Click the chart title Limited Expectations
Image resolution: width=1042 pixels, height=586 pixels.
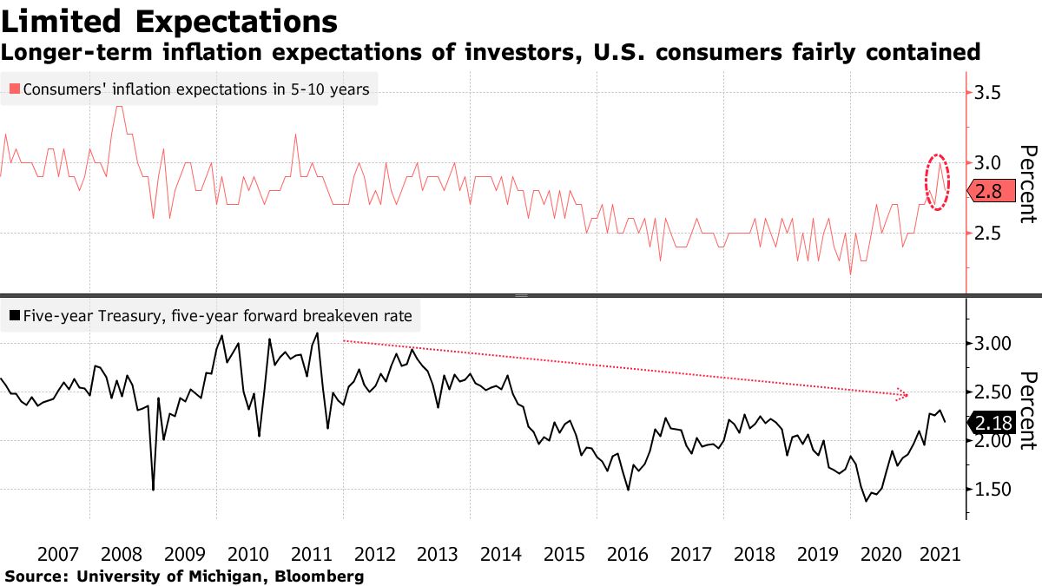(x=169, y=21)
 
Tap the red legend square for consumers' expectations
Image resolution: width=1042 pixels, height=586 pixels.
(x=14, y=89)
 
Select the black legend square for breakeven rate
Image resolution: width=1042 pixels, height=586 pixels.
(x=14, y=316)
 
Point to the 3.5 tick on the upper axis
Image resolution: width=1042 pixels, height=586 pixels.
(x=993, y=92)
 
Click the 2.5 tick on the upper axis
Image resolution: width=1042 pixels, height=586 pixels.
(x=993, y=234)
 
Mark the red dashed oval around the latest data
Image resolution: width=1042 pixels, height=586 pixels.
(x=937, y=181)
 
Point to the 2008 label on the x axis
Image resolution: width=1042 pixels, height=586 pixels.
(x=122, y=555)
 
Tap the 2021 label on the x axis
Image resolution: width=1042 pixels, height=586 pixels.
(x=940, y=555)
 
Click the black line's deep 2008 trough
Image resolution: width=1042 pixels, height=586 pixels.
(x=153, y=490)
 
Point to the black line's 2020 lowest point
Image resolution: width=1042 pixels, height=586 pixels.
(x=866, y=501)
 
